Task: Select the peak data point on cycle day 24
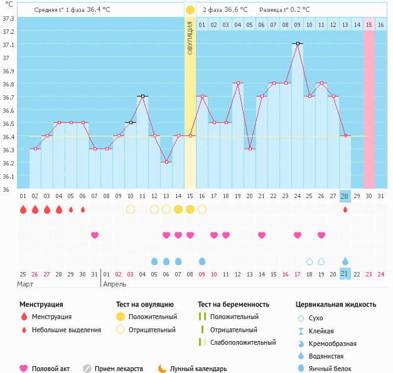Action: point(297,43)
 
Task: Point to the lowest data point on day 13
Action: point(166,162)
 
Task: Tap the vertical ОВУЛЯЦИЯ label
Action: point(190,38)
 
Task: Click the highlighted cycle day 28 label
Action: point(345,196)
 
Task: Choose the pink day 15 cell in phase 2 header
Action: point(369,24)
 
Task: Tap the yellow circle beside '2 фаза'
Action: point(190,10)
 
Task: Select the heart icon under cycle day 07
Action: point(95,235)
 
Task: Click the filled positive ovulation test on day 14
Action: point(178,209)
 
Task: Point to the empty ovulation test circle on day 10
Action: point(131,209)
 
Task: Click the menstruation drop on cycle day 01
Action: point(23,209)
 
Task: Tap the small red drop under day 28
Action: point(345,209)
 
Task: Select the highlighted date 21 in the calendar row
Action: point(345,274)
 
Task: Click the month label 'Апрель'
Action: point(114,284)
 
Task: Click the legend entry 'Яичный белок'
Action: point(335,369)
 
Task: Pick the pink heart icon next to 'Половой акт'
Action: point(24,369)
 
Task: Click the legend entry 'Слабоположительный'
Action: point(243,342)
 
